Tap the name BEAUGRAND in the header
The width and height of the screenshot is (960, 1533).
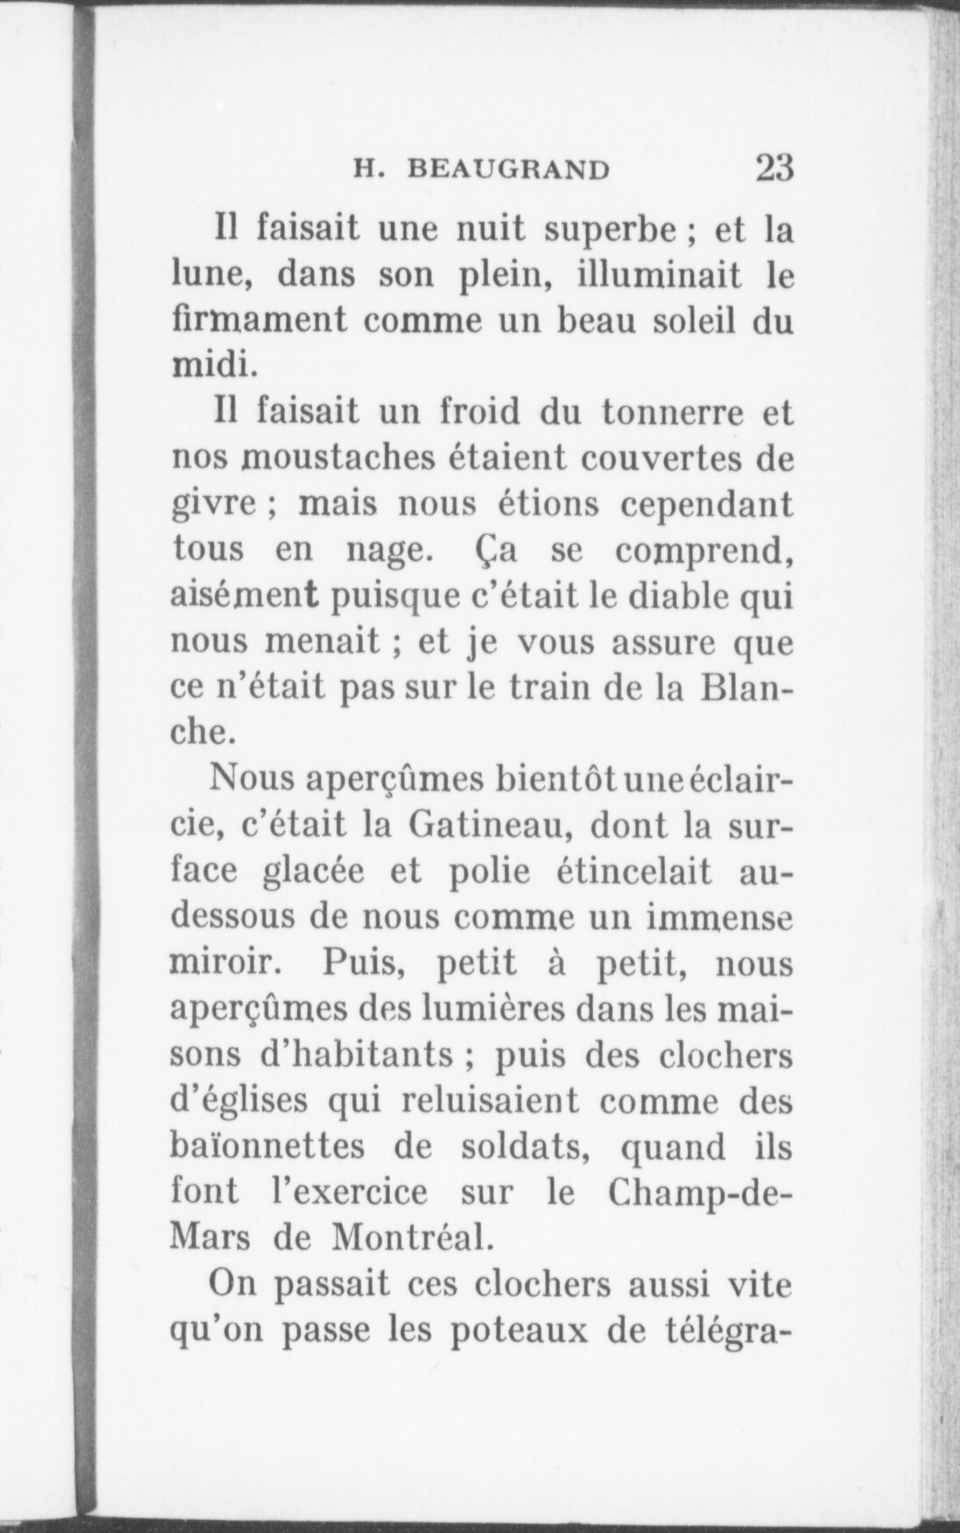pyautogui.click(x=508, y=171)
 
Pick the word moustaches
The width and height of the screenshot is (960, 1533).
pyautogui.click(x=340, y=459)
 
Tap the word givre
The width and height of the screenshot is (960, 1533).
pyautogui.click(x=215, y=504)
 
